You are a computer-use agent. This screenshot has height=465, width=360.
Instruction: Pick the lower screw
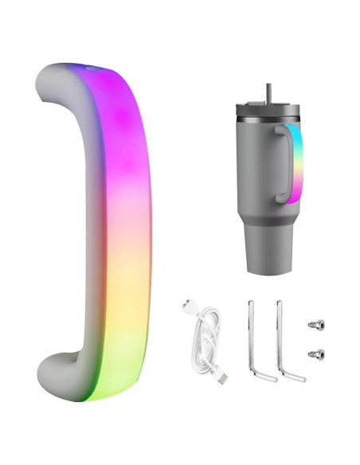pyautogui.click(x=317, y=353)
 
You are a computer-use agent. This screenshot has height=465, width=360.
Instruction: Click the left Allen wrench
pyautogui.click(x=252, y=334)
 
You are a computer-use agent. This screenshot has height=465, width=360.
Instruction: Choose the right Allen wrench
pyautogui.click(x=281, y=334)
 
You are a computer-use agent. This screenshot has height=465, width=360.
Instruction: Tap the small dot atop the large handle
pyautogui.click(x=88, y=69)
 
